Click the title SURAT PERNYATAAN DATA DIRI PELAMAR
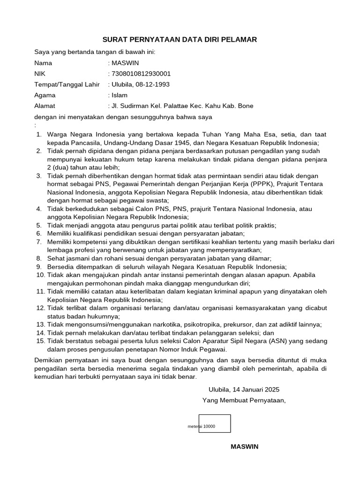click(180, 40)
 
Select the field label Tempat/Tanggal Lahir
click(67, 84)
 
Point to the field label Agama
click(45, 95)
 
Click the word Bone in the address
click(246, 106)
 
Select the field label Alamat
click(45, 106)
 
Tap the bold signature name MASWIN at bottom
click(244, 446)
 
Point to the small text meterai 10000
click(201, 427)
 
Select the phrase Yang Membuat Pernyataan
click(243, 400)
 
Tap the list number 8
click(39, 258)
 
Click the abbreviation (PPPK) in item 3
click(264, 184)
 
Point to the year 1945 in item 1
click(182, 143)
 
